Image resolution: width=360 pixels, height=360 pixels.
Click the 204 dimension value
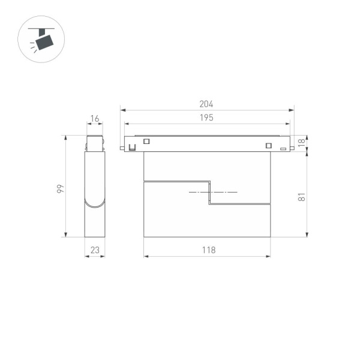pos(206,104)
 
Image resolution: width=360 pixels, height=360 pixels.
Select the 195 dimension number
pos(206,118)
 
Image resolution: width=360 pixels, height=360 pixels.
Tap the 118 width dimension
pos(207,250)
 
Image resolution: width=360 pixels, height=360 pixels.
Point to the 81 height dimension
pos(301,195)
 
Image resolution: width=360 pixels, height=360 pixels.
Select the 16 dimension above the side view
pos(95,119)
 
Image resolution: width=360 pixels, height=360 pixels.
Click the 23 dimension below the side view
pos(95,250)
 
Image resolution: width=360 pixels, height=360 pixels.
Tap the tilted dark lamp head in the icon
pos(44,43)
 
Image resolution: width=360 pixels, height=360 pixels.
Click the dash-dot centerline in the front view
pos(213,192)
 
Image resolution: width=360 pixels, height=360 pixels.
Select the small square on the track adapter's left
pos(145,142)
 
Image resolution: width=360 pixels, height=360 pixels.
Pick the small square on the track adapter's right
pos(268,144)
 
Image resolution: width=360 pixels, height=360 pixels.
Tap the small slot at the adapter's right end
pos(283,147)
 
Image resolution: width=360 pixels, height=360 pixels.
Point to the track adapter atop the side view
pos(95,143)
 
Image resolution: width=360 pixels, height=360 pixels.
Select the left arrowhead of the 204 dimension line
pos(122,110)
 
